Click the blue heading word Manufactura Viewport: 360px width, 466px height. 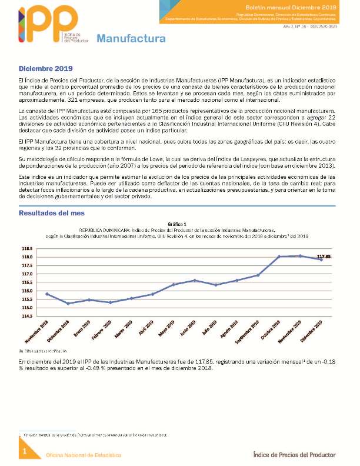point(131,39)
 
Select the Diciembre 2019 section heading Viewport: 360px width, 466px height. point(45,69)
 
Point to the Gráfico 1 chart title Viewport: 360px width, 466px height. point(177,224)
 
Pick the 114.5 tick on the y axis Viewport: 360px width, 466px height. point(28,316)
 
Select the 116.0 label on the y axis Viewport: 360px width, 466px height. point(28,291)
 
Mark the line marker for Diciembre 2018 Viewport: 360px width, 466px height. point(68,304)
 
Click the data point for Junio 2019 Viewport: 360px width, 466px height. point(195,281)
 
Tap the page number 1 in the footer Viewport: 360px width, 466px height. point(25,451)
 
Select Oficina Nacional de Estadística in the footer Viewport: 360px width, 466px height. point(84,455)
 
